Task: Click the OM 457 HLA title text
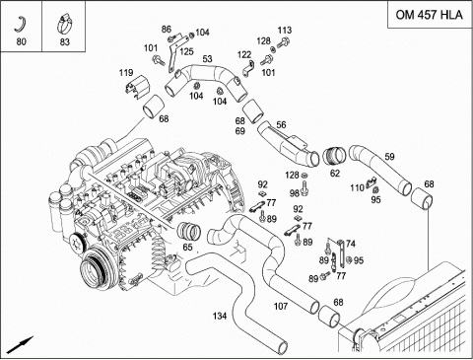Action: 429,15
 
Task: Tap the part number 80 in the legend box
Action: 21,41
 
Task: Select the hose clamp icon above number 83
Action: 64,24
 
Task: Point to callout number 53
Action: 207,59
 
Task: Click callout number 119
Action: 126,73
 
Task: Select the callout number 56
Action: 281,125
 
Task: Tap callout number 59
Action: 389,157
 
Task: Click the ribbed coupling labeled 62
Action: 333,156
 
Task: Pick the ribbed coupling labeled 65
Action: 189,231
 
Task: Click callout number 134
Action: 220,316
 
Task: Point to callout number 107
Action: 281,307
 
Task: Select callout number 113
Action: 285,31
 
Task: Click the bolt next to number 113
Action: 283,42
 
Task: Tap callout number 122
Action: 244,54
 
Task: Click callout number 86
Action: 167,30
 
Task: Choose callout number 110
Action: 358,187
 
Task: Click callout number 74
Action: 351,244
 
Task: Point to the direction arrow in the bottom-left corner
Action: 20,345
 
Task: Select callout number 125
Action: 186,51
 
